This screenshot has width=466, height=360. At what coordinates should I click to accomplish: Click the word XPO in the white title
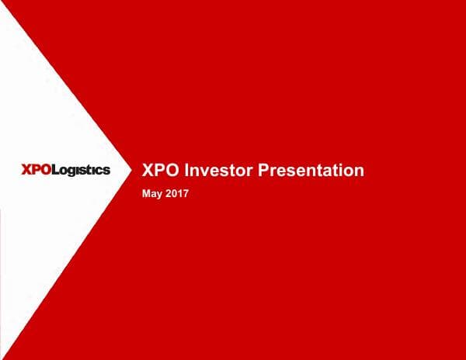tap(162, 171)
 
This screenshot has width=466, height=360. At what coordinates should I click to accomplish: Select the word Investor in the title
tap(216, 171)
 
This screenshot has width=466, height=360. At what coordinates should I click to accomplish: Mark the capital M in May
tap(147, 192)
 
